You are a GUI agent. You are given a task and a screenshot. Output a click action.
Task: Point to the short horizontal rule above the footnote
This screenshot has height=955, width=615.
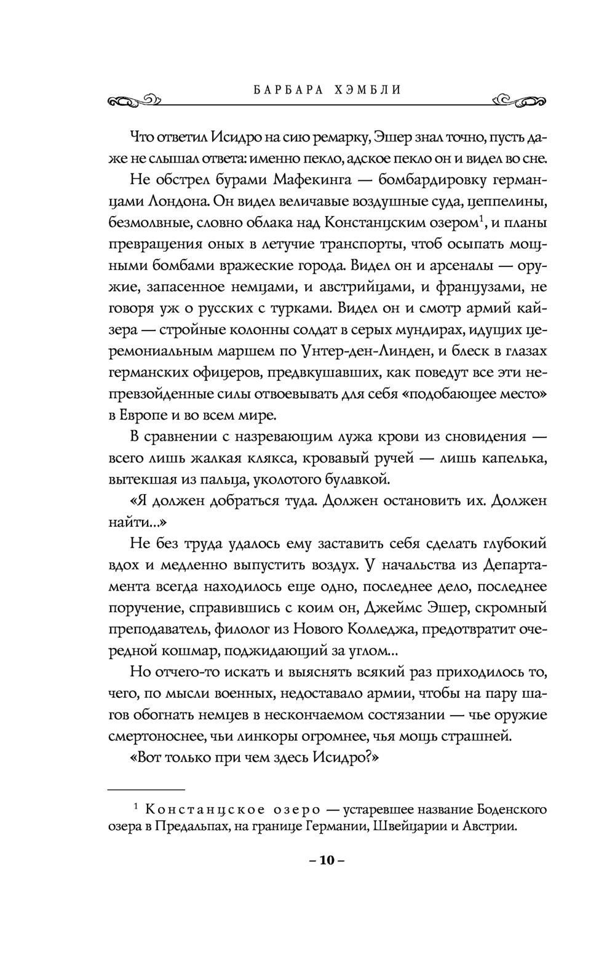click(146, 789)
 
